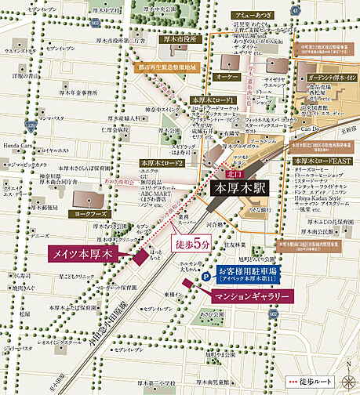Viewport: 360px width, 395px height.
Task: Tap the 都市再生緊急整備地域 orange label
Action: pos(173,67)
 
